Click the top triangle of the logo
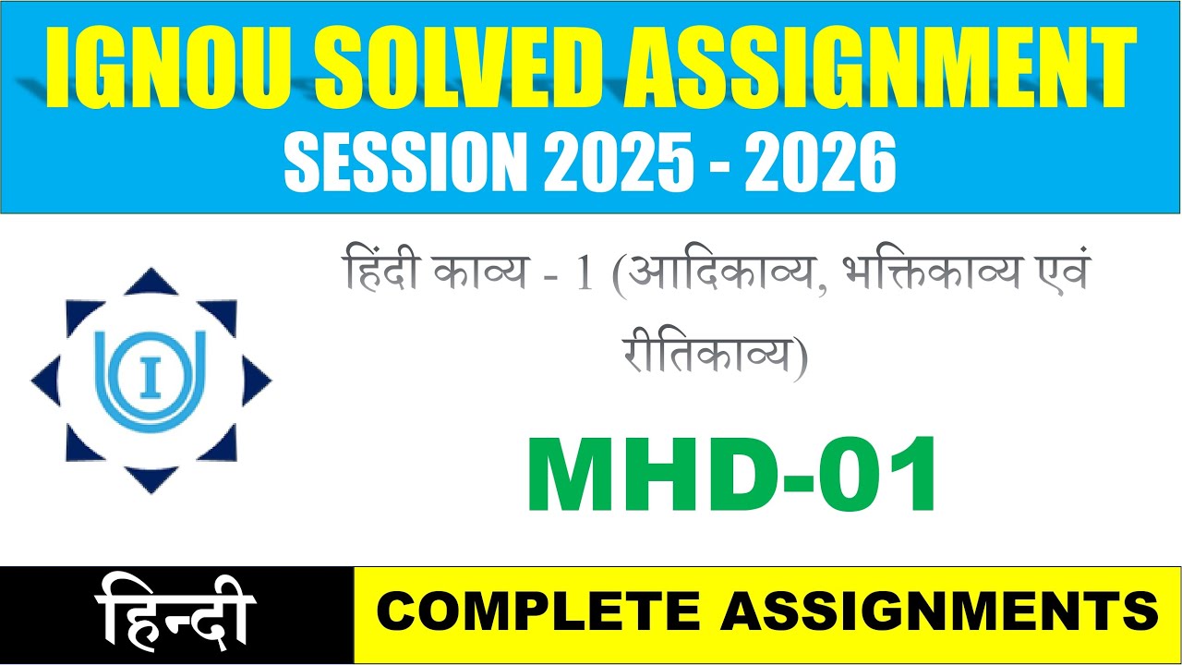151,282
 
